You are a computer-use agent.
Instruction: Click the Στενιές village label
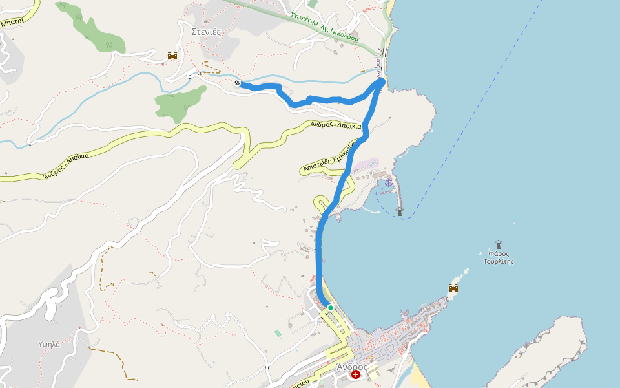(x=207, y=30)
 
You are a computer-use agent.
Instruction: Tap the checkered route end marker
(x=238, y=83)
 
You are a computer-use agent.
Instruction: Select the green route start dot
(x=330, y=307)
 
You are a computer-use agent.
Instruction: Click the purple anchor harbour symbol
(x=388, y=183)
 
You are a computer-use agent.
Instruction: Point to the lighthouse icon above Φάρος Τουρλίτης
(x=499, y=244)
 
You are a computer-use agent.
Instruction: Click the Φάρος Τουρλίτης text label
(x=499, y=257)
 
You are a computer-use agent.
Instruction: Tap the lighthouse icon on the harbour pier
(x=400, y=210)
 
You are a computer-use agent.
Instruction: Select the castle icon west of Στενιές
(x=172, y=56)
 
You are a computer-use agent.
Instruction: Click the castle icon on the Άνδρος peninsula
(x=453, y=288)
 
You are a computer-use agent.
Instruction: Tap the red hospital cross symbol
(x=356, y=374)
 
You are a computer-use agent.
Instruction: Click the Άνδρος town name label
(x=352, y=367)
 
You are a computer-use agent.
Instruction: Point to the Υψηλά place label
(x=49, y=344)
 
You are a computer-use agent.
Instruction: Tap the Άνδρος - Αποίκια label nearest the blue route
(x=335, y=125)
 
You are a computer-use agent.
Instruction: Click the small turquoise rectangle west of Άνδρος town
(x=278, y=333)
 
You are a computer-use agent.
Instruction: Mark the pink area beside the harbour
(x=366, y=164)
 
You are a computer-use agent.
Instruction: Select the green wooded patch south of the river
(x=179, y=100)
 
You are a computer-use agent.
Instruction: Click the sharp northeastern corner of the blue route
(x=382, y=80)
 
